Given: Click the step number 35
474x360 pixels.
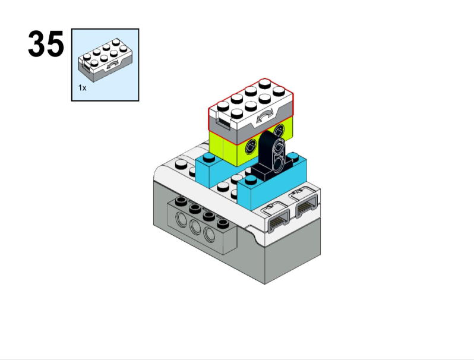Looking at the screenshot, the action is (46, 44).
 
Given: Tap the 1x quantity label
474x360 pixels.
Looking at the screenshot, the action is (82, 88).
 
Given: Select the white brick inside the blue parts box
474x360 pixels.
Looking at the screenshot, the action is (105, 60).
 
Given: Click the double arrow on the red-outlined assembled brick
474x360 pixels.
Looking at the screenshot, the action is (264, 116).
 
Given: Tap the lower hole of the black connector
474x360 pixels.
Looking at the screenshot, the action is (278, 164).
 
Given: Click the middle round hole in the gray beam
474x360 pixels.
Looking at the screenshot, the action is (195, 226).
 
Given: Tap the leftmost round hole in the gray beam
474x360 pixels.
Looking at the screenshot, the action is (181, 219).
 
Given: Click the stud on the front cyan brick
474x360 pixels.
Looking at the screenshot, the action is (251, 180).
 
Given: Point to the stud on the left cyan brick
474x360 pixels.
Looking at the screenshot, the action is (209, 157).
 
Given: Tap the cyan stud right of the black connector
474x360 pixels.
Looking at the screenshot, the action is (293, 156).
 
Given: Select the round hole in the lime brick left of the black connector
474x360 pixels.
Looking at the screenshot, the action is (251, 147).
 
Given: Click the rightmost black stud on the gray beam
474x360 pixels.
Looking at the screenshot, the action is (223, 224).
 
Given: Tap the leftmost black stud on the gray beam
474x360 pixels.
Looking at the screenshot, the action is (181, 201).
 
